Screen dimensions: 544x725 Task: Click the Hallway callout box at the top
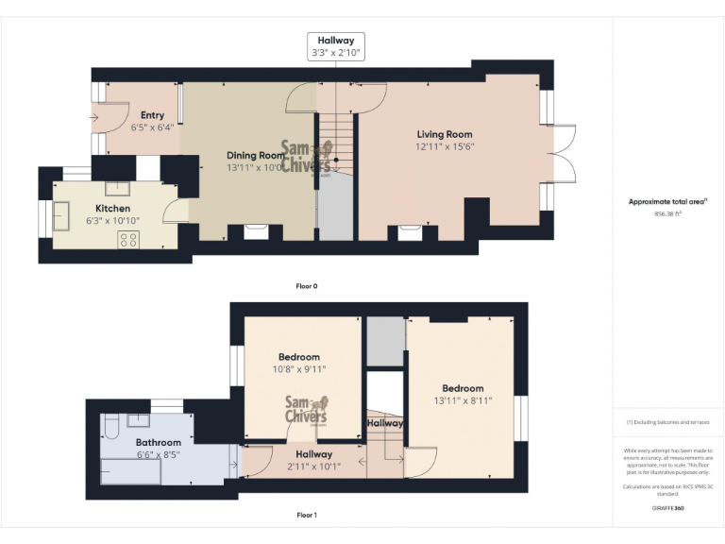[336, 46]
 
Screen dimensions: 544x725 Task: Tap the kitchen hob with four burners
[127, 240]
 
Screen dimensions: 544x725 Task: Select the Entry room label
[152, 115]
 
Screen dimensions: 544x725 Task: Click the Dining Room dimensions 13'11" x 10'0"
[255, 167]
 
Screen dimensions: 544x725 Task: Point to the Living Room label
[444, 134]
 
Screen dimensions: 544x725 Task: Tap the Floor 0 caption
[306, 285]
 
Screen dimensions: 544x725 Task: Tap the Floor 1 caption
[306, 516]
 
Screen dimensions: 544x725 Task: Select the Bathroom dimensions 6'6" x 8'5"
[158, 454]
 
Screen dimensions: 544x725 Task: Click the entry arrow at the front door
[96, 117]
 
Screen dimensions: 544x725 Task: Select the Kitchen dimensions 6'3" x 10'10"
[112, 220]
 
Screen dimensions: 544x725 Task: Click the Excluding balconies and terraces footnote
[667, 422]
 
